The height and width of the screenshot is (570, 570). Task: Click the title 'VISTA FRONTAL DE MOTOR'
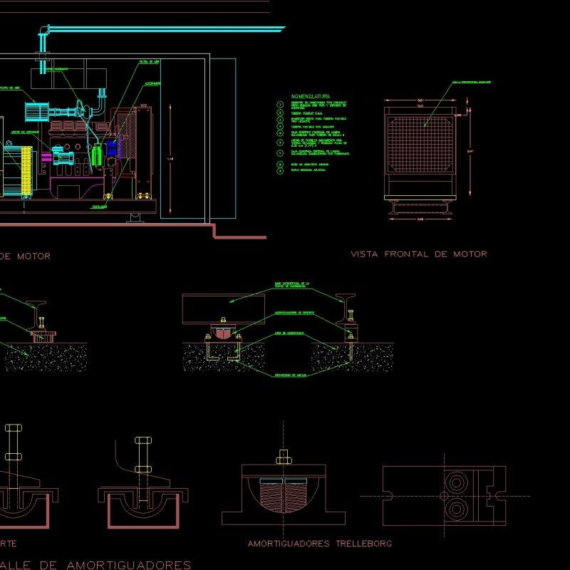pyautogui.click(x=419, y=254)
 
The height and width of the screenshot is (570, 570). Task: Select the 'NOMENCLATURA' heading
pyautogui.click(x=311, y=96)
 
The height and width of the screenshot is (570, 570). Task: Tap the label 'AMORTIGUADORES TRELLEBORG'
pyautogui.click(x=320, y=544)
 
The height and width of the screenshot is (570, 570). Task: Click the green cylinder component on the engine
pyautogui.click(x=98, y=155)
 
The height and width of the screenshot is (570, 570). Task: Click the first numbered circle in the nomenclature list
pyautogui.click(x=279, y=105)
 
